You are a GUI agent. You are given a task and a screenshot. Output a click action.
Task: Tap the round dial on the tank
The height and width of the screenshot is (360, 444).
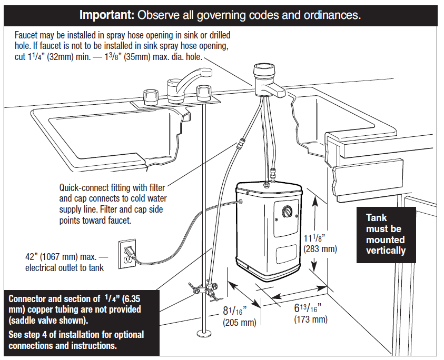pyautogui.click(x=287, y=212)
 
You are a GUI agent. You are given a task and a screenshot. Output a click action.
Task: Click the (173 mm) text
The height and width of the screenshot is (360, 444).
pyautogui.click(x=310, y=319)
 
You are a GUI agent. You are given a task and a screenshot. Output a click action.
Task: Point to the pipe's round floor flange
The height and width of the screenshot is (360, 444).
pyautogui.click(x=203, y=333)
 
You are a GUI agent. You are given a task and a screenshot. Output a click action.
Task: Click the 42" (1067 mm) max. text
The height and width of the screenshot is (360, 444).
pyautogui.click(x=61, y=257)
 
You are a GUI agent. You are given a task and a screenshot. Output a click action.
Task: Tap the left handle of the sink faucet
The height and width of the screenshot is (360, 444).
pyautogui.click(x=152, y=96)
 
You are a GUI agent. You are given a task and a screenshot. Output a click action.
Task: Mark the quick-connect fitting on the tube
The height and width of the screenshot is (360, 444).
pyautogui.click(x=242, y=141)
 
